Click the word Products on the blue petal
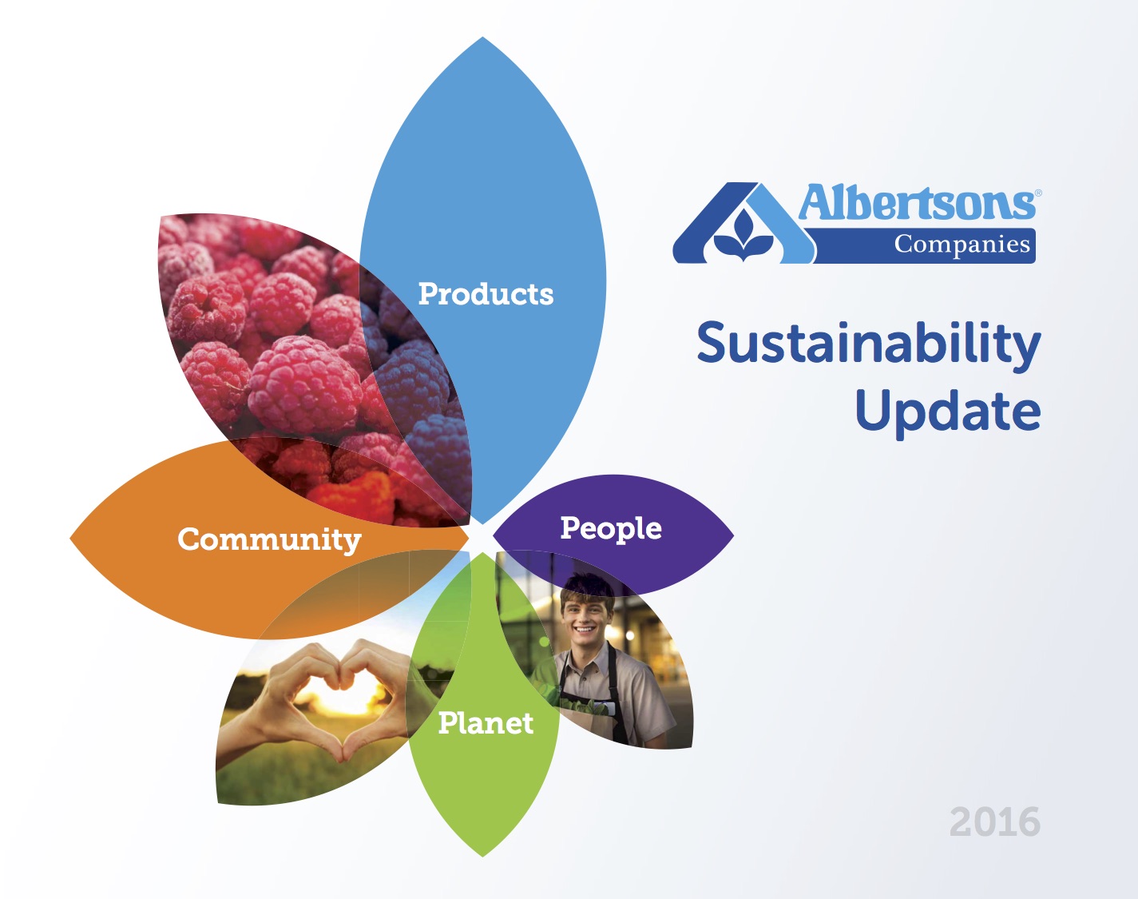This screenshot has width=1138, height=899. pos(486,293)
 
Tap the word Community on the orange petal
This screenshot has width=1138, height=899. pos(269,539)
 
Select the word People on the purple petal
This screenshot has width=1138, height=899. pos(611,528)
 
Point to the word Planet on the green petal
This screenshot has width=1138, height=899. pos(486,723)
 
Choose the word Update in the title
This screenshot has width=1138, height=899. pos(948,412)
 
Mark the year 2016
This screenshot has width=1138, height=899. pos(995,821)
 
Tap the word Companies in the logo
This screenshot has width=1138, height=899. pos(962,245)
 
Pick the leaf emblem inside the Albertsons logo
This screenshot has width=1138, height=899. pos(743,236)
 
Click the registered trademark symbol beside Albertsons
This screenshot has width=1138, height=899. pos(1038,193)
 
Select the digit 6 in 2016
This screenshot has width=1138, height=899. pos(1028,821)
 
